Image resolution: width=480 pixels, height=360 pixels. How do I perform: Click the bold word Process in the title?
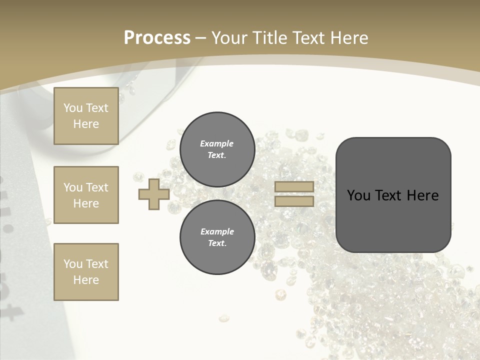(157, 38)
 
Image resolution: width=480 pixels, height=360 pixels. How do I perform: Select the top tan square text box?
(86, 116)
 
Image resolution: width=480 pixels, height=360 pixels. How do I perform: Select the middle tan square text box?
(86, 195)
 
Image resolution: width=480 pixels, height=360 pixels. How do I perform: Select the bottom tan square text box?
(86, 272)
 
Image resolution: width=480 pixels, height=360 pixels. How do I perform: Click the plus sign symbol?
(154, 194)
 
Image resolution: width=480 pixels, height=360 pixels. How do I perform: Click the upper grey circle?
(217, 149)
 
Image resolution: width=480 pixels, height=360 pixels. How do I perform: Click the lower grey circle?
(217, 237)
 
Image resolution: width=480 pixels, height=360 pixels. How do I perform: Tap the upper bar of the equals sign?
(294, 186)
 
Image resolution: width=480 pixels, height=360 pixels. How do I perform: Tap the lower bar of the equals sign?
(294, 201)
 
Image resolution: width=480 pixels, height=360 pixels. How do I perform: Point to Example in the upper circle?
(217, 143)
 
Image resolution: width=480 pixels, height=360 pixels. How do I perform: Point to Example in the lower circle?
(217, 231)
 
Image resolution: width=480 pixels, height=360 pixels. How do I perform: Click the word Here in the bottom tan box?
(86, 280)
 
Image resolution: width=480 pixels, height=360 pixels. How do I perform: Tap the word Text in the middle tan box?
(97, 187)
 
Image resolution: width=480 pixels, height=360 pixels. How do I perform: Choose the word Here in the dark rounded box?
(423, 195)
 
